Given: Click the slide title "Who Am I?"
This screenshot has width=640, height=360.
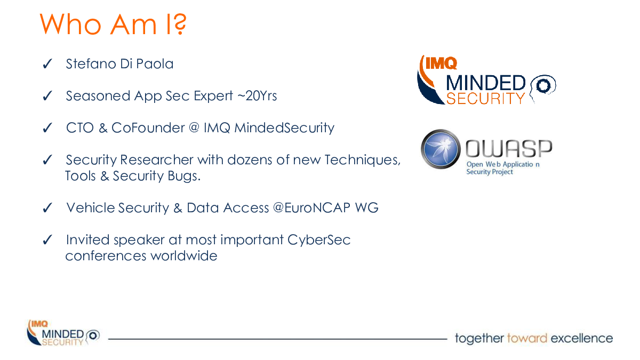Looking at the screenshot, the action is pos(113,24).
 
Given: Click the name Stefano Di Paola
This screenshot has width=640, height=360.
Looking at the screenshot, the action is pos(119,63).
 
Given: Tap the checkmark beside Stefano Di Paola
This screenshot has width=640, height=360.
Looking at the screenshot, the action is pos(47,63).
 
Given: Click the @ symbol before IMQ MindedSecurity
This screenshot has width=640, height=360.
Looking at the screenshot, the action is pos(194,127).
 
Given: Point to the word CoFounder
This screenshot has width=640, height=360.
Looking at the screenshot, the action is pos(148,127).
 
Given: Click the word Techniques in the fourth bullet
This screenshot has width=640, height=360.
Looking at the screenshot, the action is pos(362,159).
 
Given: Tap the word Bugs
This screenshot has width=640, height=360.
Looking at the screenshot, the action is pos(184,176).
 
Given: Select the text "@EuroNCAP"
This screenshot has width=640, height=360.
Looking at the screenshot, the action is pos(311,207).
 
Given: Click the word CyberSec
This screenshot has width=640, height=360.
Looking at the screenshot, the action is pos(319,240).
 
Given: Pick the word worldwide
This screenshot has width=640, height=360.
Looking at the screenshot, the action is pos(183,255).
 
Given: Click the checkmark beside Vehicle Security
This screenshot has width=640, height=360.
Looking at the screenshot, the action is pos(47,207).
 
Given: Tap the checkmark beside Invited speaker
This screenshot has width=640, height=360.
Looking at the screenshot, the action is pos(47,239).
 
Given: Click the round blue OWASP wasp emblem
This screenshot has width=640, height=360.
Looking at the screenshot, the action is pos(441,149).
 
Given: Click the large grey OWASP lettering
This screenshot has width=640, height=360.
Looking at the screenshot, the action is pos(509,149).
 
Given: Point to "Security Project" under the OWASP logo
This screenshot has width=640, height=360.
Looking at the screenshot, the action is pos(490,172).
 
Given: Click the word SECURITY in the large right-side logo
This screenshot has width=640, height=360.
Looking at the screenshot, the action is pos(485,99).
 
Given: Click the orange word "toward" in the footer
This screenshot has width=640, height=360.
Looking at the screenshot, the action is pos(527,338).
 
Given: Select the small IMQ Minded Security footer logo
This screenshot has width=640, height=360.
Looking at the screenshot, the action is pos(63,333).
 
